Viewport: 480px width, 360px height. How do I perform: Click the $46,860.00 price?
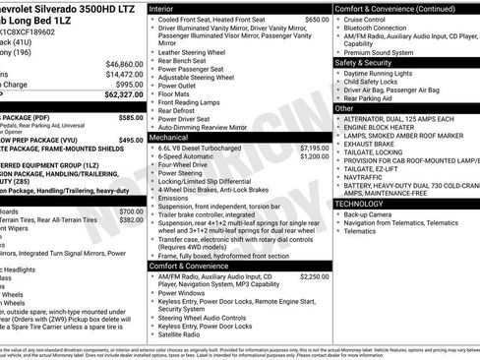tap(117, 62)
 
